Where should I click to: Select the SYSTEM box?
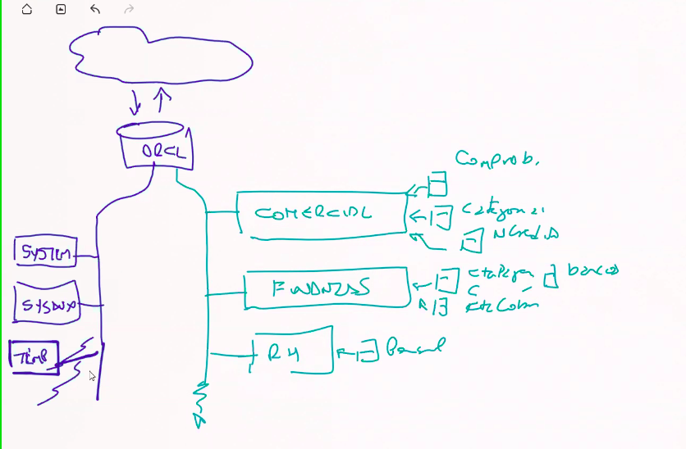click(x=46, y=252)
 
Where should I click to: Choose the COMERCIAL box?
click(x=320, y=215)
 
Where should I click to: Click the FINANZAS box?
click(x=327, y=288)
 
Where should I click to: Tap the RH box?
click(x=290, y=352)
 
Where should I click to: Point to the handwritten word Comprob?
click(x=496, y=158)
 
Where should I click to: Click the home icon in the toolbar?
click(x=26, y=10)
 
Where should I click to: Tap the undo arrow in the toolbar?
click(x=95, y=10)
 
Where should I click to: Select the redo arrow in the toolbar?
click(x=128, y=10)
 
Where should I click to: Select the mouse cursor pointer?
click(x=92, y=376)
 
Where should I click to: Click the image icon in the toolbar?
click(x=61, y=10)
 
